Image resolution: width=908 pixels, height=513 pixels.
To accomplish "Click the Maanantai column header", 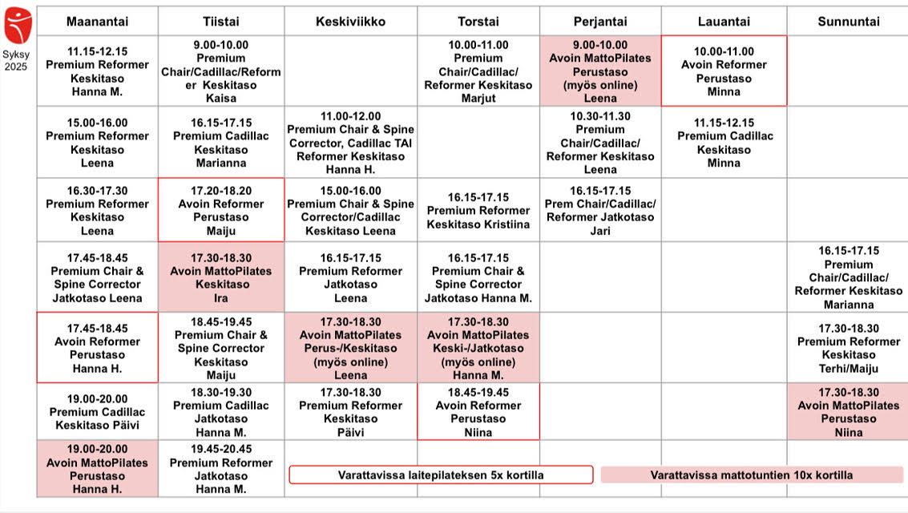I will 97,22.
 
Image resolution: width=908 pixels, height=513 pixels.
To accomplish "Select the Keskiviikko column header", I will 350,22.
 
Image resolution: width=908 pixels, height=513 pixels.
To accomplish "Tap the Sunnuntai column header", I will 848,22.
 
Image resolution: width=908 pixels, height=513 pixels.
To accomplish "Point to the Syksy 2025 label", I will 15,60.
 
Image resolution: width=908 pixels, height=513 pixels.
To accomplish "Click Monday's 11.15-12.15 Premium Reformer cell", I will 97,71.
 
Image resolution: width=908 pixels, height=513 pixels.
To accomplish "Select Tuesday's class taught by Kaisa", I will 221,71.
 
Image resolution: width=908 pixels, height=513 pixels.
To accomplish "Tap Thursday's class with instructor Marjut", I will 478,71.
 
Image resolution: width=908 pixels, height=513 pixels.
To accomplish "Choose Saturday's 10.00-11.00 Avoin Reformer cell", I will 724,71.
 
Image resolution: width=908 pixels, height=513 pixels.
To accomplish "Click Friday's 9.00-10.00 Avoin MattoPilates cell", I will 600,71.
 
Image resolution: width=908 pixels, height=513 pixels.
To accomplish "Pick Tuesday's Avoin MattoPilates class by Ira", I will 221,277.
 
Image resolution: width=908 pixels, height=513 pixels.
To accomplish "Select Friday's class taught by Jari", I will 600,210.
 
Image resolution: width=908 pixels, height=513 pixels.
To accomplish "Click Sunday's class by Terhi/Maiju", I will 849,348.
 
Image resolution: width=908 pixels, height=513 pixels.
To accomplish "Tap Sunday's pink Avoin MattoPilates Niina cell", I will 849,412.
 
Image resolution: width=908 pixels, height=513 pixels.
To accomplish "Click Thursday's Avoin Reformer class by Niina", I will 478,412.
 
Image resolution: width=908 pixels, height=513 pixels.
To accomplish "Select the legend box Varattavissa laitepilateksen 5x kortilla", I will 441,475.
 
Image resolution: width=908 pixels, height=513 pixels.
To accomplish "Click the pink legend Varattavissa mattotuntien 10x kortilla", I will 752,475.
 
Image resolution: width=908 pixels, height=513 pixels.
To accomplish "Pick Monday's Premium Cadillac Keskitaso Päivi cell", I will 97,412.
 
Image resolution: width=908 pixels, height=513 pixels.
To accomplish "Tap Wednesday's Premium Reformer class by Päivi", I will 350,412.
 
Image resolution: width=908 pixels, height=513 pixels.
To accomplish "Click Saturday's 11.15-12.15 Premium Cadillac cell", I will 724,143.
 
